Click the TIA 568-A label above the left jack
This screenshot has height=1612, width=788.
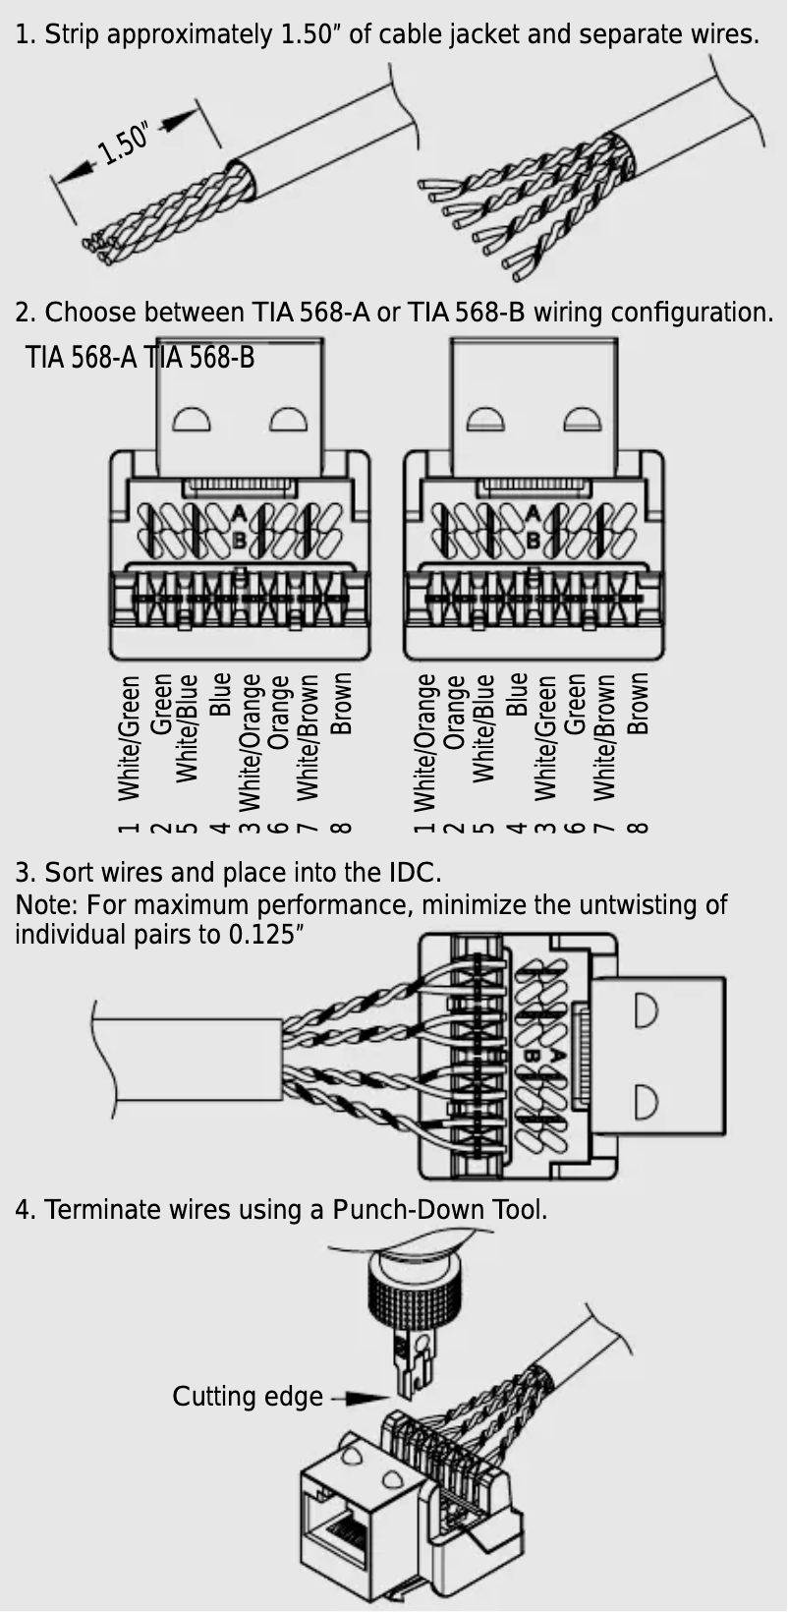[81, 357]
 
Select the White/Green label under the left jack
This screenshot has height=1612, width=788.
[129, 737]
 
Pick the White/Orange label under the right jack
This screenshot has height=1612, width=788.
[424, 742]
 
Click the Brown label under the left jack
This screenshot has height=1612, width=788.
[341, 704]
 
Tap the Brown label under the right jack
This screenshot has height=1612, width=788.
[638, 704]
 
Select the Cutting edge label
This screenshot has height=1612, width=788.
[247, 1397]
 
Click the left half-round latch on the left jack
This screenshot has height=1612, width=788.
[193, 420]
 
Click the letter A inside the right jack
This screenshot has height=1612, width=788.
[533, 512]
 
